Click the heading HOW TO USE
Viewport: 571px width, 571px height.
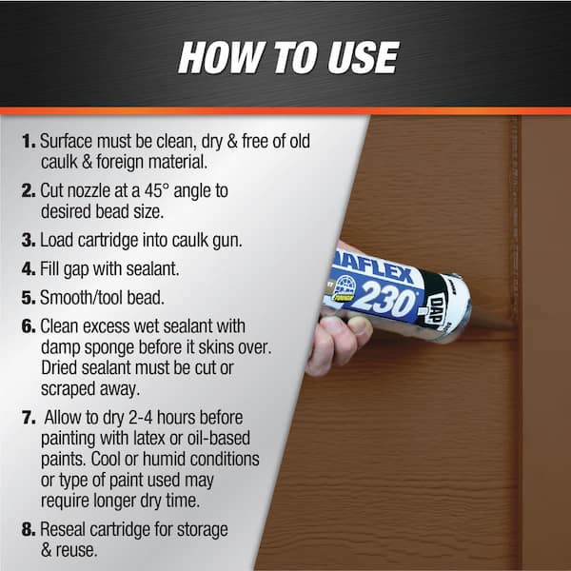point(286,57)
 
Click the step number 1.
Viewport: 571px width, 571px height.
point(28,141)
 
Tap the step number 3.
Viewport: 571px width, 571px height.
point(29,241)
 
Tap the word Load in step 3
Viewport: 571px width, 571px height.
point(58,241)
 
